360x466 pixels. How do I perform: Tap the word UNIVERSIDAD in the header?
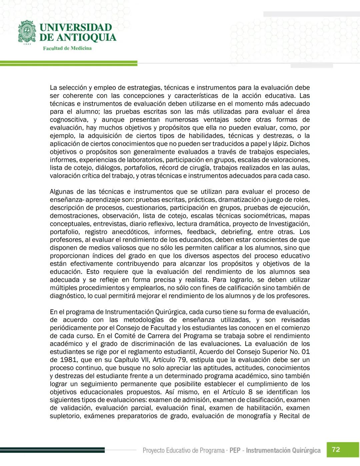76,27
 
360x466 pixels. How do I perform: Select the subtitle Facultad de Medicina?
67,48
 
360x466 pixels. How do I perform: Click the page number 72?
336,449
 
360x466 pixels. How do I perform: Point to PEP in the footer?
235,450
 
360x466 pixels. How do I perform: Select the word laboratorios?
145,160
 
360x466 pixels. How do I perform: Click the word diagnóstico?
67,296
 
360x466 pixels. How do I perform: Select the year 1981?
69,360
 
